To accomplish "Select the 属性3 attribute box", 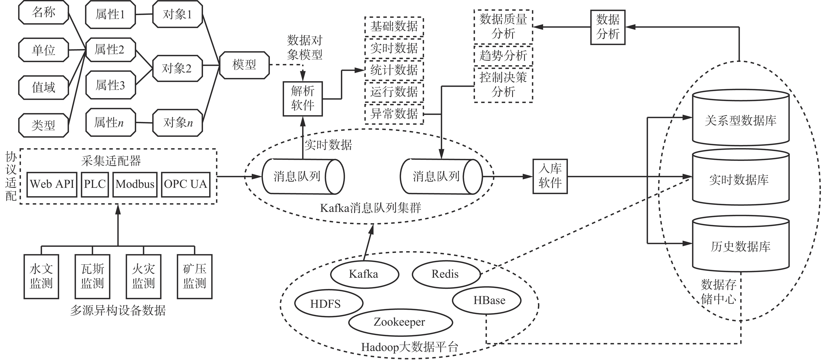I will pos(110,85).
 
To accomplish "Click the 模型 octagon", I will pos(244,65).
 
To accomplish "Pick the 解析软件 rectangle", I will pos(302,98).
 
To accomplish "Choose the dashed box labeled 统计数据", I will pos(394,70).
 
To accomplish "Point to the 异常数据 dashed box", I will pos(394,114).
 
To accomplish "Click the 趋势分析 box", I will pos(503,56).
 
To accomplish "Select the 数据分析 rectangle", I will pos(608,27).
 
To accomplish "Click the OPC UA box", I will pos(185,184).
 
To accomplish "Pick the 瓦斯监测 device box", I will pos(92,276).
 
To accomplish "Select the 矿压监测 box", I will pos(195,276).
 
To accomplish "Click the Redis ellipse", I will pos(446,274).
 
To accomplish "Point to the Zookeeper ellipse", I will pos(400,322).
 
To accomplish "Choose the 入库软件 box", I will pos(550,176).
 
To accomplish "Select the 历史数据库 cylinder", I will pos(740,246).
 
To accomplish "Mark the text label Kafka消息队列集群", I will pos(370,208).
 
